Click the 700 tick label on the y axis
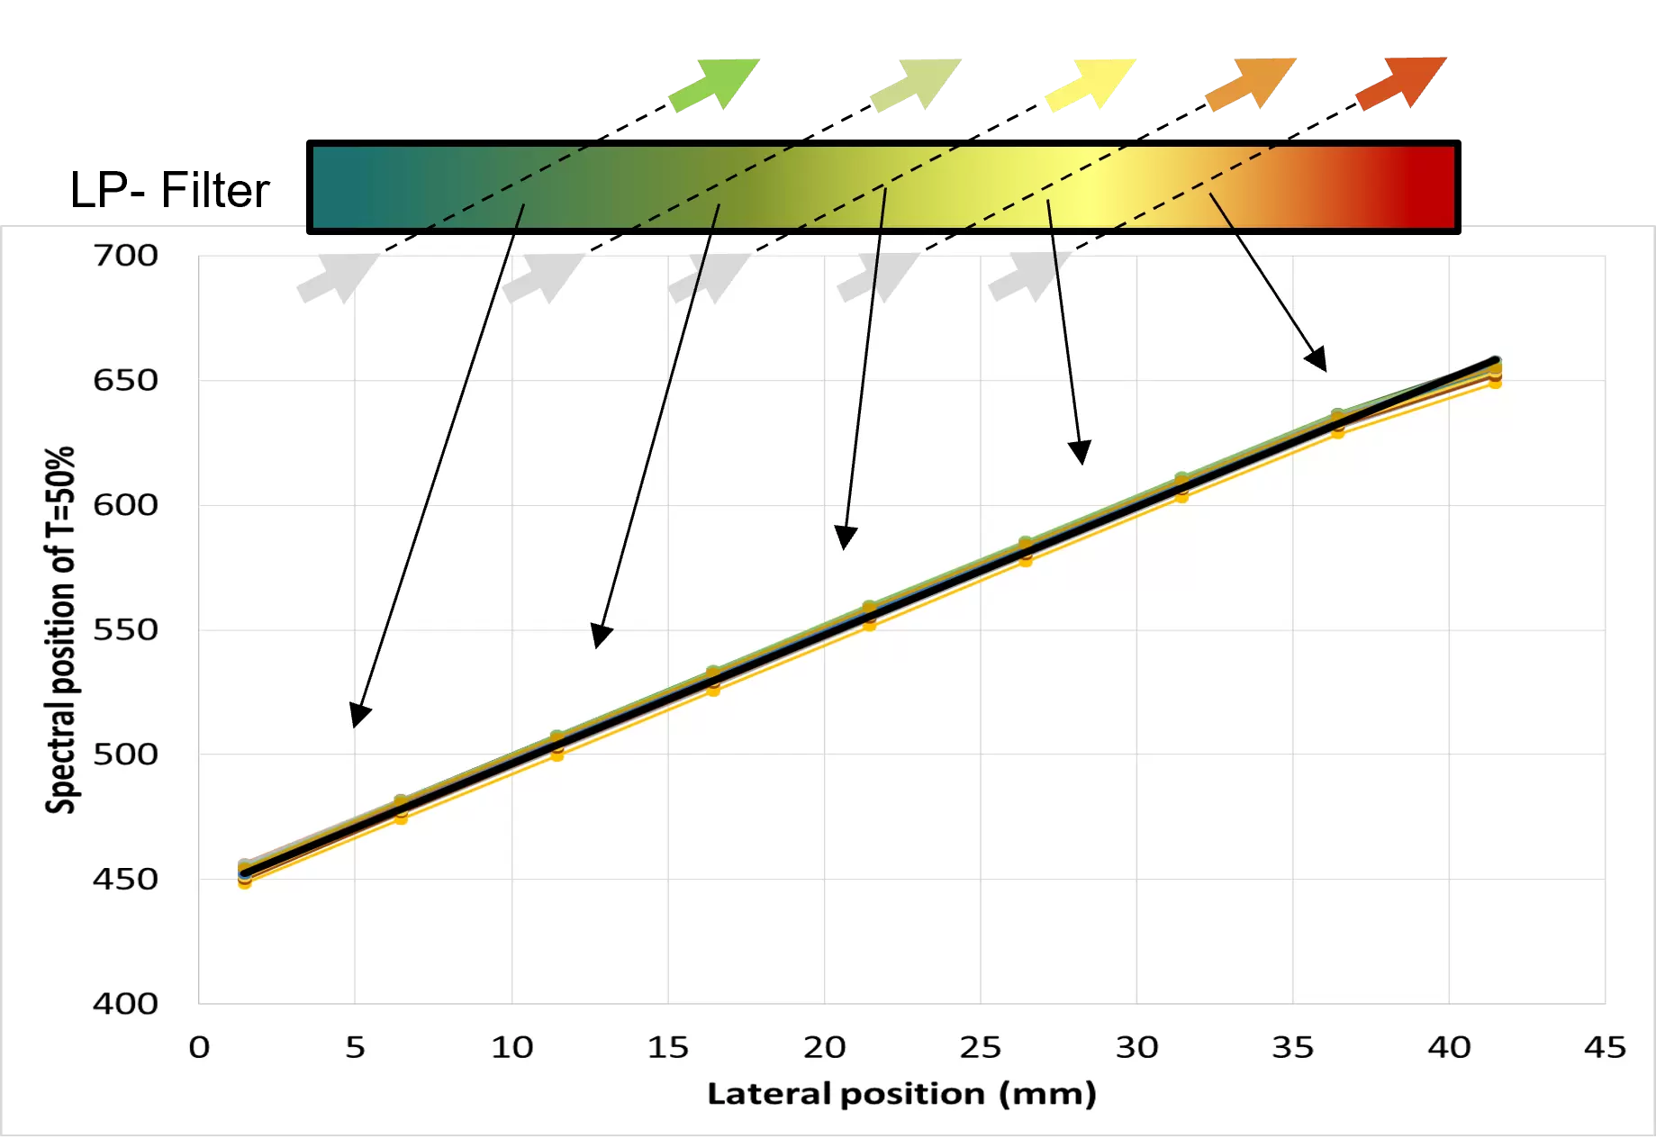pyautogui.click(x=125, y=256)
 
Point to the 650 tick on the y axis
pyautogui.click(x=125, y=380)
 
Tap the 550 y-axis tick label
pyautogui.click(x=125, y=629)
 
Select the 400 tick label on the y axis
pyautogui.click(x=125, y=1003)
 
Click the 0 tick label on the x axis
pyautogui.click(x=199, y=1047)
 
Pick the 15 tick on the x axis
pyautogui.click(x=667, y=1047)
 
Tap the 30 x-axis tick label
pyautogui.click(x=1136, y=1047)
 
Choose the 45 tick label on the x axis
pyautogui.click(x=1605, y=1047)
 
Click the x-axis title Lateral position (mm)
pyautogui.click(x=901, y=1094)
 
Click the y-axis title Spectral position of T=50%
pyautogui.click(x=60, y=630)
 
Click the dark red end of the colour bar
pyautogui.click(x=1423, y=186)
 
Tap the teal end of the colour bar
pyautogui.click(x=342, y=186)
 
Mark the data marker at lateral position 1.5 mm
pyautogui.click(x=245, y=872)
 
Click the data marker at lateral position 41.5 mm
pyautogui.click(x=1495, y=366)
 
